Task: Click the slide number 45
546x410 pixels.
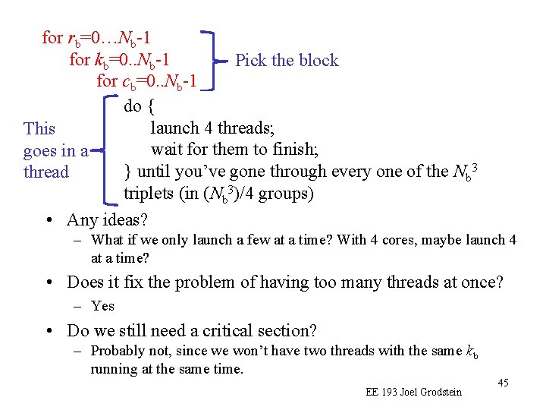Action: coord(503,383)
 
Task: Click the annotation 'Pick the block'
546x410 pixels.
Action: coord(287,61)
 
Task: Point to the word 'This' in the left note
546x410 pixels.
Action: coord(39,128)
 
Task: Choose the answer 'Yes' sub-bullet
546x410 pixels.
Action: coord(102,305)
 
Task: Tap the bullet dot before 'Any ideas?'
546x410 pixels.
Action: coord(49,220)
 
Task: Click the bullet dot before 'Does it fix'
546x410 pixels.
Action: coord(49,283)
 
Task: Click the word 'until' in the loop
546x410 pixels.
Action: coord(155,172)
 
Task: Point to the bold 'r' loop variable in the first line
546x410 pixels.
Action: coord(71,37)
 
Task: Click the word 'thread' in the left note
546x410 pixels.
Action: coord(45,172)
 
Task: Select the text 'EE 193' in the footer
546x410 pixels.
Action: coord(382,392)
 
